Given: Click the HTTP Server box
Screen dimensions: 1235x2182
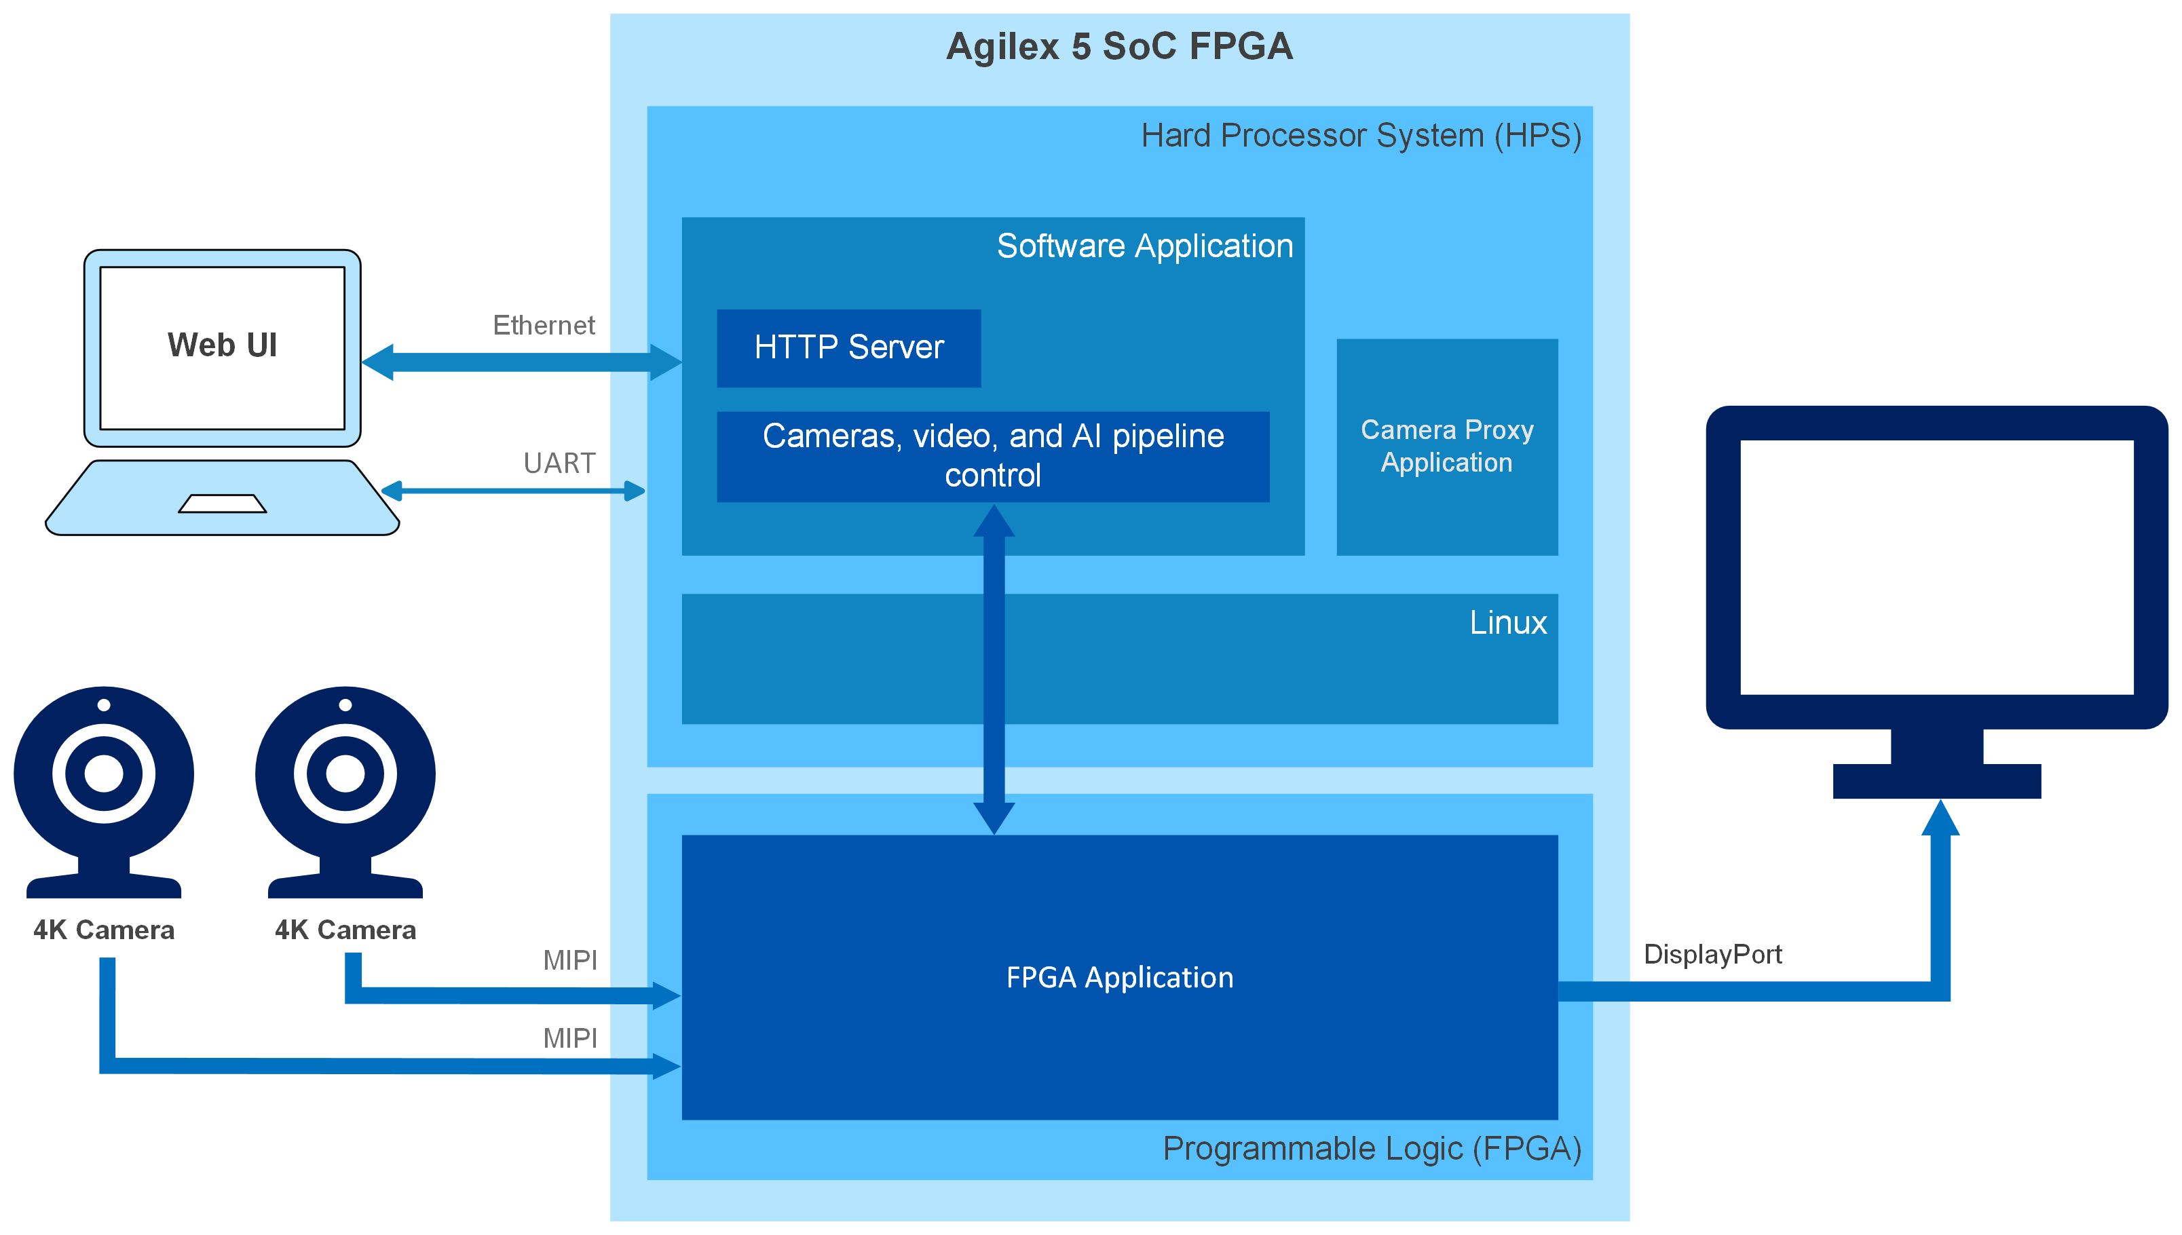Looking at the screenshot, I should coord(848,347).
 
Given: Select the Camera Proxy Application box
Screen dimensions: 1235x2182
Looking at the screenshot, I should coord(1446,446).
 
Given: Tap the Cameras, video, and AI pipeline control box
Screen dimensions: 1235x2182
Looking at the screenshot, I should coord(992,456).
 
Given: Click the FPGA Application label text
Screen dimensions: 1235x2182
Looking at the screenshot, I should coord(1119,977).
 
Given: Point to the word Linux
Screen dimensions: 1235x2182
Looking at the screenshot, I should coord(1507,623).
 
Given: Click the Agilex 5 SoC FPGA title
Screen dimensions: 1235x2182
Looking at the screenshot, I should coord(1118,47).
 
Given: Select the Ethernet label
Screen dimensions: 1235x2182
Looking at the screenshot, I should coord(544,325).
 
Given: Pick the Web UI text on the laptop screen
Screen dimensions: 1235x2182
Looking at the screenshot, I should coord(223,345).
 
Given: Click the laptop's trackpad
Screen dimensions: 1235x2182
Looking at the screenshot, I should coord(223,503).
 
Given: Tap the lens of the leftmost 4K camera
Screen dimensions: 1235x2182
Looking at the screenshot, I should coord(103,773).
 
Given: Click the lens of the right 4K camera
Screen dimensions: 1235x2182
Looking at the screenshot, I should coord(345,773).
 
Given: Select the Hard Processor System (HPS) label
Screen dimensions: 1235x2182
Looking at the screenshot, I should coord(1360,136).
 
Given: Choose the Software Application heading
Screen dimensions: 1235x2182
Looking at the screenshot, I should coord(1144,246).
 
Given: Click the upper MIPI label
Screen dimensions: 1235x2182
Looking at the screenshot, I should coord(569,960).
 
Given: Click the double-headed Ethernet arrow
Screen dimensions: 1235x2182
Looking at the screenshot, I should coord(521,362).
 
